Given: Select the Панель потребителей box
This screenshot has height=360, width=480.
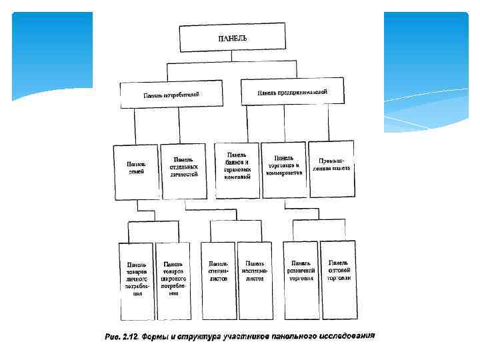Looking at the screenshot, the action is coord(172,94).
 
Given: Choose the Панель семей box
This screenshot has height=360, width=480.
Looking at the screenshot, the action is coord(136,171).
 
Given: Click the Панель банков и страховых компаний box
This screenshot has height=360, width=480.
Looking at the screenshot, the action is coord(237,169).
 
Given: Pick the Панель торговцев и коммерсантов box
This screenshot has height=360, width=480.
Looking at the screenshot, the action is coord(283,169).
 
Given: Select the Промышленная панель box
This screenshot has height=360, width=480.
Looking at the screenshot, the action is coord(331,168).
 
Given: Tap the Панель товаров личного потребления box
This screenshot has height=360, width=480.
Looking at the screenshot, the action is coord(136,281).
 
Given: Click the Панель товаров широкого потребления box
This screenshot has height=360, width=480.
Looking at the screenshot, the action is coord(173,279).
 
